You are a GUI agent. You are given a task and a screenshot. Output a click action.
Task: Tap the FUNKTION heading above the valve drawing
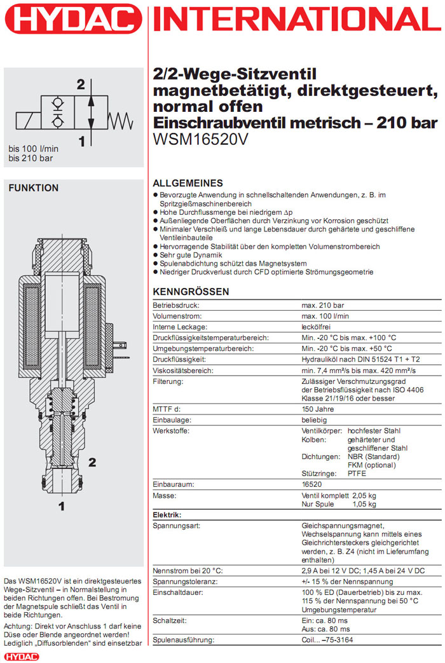pos(33,188)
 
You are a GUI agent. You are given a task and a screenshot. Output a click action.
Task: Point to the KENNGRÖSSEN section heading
pos(191,292)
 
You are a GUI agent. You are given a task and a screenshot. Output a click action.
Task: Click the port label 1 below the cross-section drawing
pos(62,507)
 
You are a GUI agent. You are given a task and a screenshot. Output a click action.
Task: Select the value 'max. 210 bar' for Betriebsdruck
pos(323,305)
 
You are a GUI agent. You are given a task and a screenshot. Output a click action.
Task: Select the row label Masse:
pos(164,495)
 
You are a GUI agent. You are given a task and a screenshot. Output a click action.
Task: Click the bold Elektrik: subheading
pos(167,514)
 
